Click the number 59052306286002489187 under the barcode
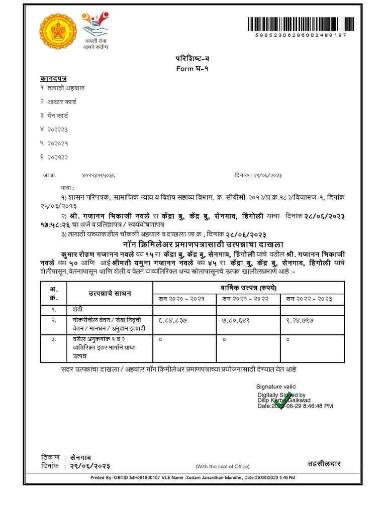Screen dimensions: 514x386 point(301,36)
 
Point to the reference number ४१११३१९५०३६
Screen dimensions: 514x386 point(99,176)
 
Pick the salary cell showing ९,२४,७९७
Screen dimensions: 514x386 point(301,319)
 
